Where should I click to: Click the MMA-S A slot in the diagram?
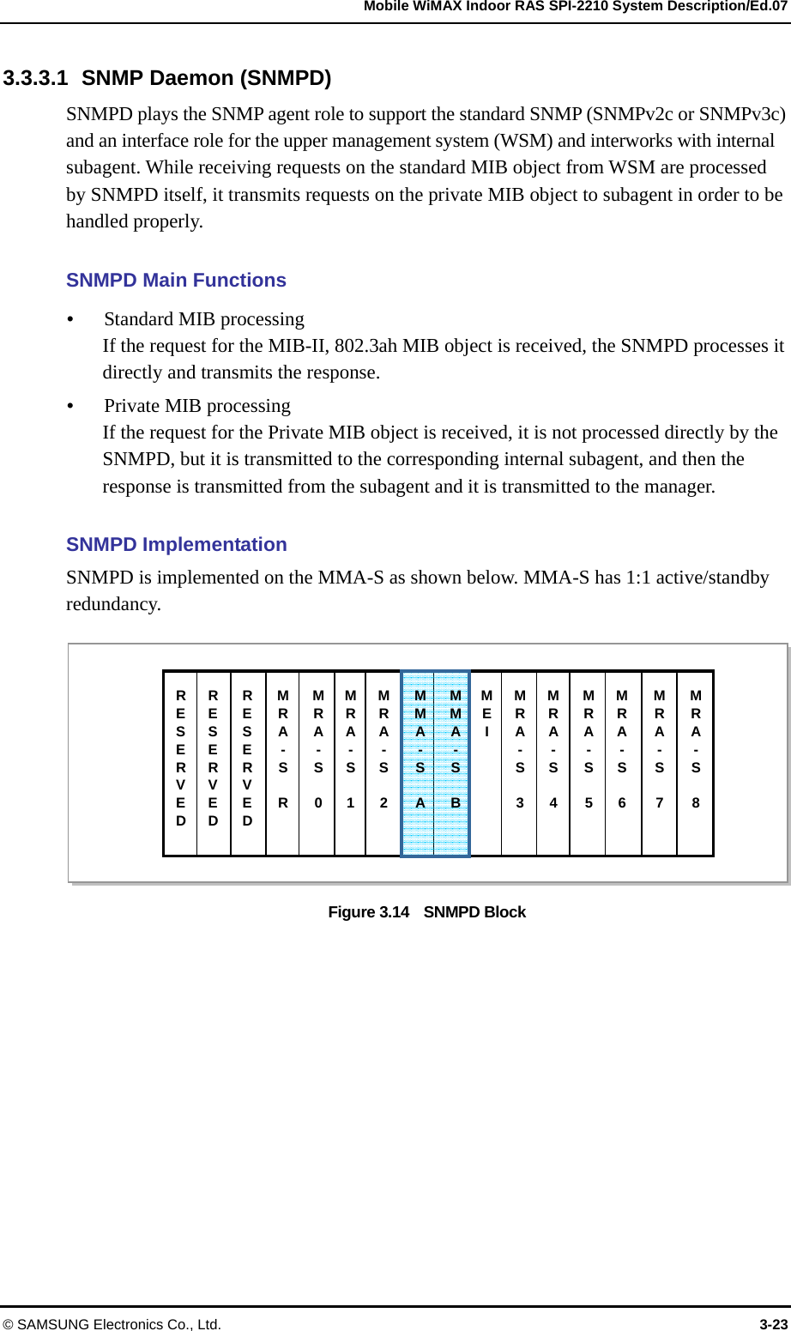click(420, 763)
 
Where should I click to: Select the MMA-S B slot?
click(455, 763)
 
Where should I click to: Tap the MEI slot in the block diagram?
click(486, 763)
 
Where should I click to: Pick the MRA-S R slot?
click(283, 763)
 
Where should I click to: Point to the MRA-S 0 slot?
click(317, 763)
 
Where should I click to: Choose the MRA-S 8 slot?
click(696, 763)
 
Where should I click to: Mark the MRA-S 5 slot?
click(589, 763)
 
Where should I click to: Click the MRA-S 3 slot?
click(520, 763)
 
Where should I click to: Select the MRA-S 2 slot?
click(383, 763)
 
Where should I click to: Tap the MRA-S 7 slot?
click(659, 763)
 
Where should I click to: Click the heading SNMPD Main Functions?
click(176, 281)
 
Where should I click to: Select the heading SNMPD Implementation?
click(176, 545)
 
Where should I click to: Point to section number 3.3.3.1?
click(35, 78)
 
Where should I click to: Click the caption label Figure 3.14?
click(369, 912)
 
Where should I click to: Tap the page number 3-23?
click(773, 1324)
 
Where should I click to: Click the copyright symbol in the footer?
click(8, 1324)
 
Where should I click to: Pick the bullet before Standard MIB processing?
click(70, 319)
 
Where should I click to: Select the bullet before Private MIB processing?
click(70, 406)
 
